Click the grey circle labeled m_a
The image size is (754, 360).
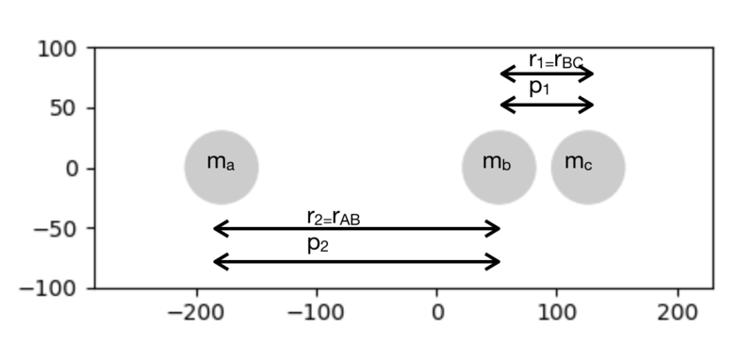click(x=221, y=167)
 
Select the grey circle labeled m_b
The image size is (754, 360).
click(x=500, y=167)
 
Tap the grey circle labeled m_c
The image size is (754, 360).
click(x=588, y=167)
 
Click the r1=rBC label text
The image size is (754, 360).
click(x=556, y=61)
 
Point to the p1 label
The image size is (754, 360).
click(x=539, y=88)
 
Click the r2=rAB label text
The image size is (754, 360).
click(x=334, y=218)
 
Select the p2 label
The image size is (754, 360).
click(x=318, y=245)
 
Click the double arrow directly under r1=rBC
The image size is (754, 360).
click(x=548, y=74)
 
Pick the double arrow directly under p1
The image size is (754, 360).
click(x=548, y=105)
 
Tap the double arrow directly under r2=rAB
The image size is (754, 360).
click(x=357, y=228)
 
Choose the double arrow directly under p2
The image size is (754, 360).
click(x=357, y=262)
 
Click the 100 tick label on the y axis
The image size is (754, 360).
click(x=57, y=49)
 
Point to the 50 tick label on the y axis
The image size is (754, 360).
click(x=63, y=108)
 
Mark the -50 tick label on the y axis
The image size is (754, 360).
click(x=55, y=229)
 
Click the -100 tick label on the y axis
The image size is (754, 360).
click(x=48, y=289)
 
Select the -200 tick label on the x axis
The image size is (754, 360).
click(x=196, y=314)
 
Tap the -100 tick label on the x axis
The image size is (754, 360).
click(x=316, y=314)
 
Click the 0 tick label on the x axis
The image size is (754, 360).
click(x=437, y=314)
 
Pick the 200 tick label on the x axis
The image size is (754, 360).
click(x=678, y=314)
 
